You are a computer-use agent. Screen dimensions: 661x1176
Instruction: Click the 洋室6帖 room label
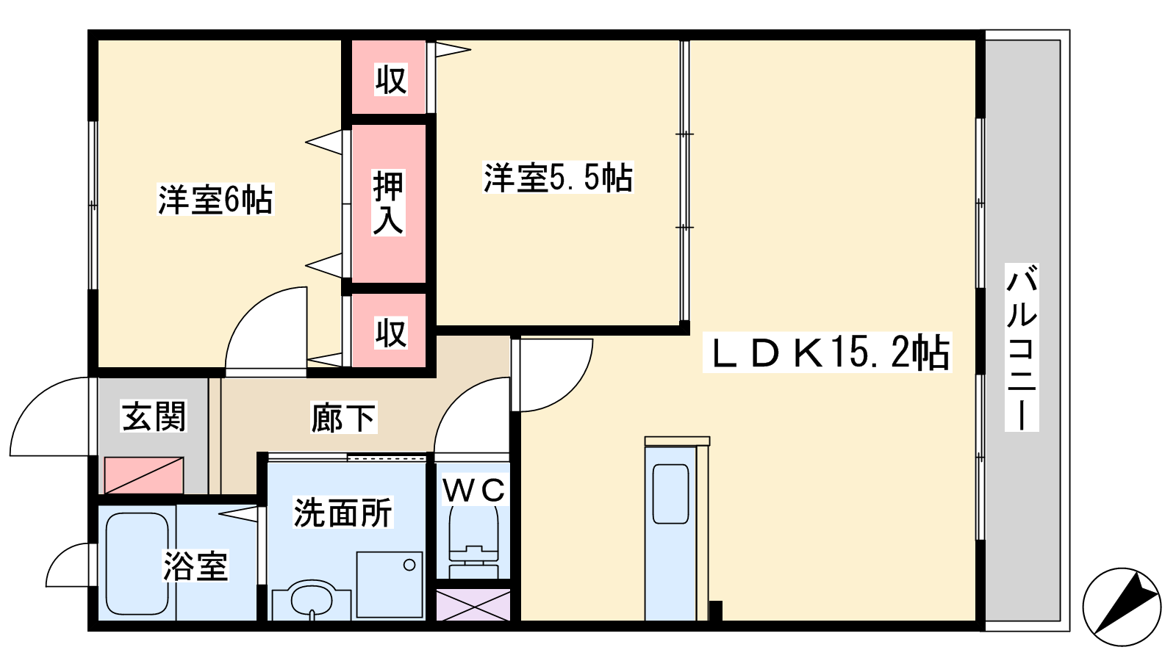point(215,200)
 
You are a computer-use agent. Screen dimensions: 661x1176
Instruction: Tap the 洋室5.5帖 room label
point(557,178)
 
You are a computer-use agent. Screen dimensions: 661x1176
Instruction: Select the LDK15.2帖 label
point(828,353)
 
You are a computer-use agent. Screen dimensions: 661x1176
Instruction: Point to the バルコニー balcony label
point(1022,347)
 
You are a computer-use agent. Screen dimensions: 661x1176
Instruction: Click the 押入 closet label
point(388,203)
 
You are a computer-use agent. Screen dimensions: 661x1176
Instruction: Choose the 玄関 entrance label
point(154,416)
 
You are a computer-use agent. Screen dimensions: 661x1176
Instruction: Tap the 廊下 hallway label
point(343,419)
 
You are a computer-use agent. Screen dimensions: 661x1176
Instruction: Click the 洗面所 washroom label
point(343,513)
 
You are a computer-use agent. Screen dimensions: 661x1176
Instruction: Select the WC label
point(473,490)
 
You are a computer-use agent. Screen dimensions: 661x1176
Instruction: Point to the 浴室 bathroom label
point(196,566)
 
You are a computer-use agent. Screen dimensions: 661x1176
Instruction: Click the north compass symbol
point(1122,607)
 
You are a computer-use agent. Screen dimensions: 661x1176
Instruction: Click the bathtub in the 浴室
point(137,563)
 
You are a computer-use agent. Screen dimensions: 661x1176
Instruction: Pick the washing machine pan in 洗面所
point(390,584)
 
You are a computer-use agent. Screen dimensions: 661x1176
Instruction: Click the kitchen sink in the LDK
point(671,494)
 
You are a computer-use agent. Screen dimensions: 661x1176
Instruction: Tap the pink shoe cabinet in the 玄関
point(143,474)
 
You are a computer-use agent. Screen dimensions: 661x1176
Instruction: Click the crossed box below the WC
point(473,604)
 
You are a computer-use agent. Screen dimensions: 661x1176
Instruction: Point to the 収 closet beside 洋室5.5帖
point(390,79)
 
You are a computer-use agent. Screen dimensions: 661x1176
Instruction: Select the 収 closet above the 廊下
point(390,333)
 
